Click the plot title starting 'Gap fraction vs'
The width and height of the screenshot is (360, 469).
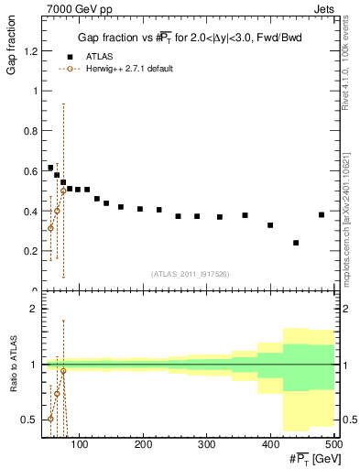point(189,37)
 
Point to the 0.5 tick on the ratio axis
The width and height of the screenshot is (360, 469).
point(29,420)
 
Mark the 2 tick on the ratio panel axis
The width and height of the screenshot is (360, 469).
point(33,309)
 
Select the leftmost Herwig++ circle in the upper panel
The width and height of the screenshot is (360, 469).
point(50,228)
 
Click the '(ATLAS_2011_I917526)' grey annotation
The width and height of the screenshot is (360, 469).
point(190,274)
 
